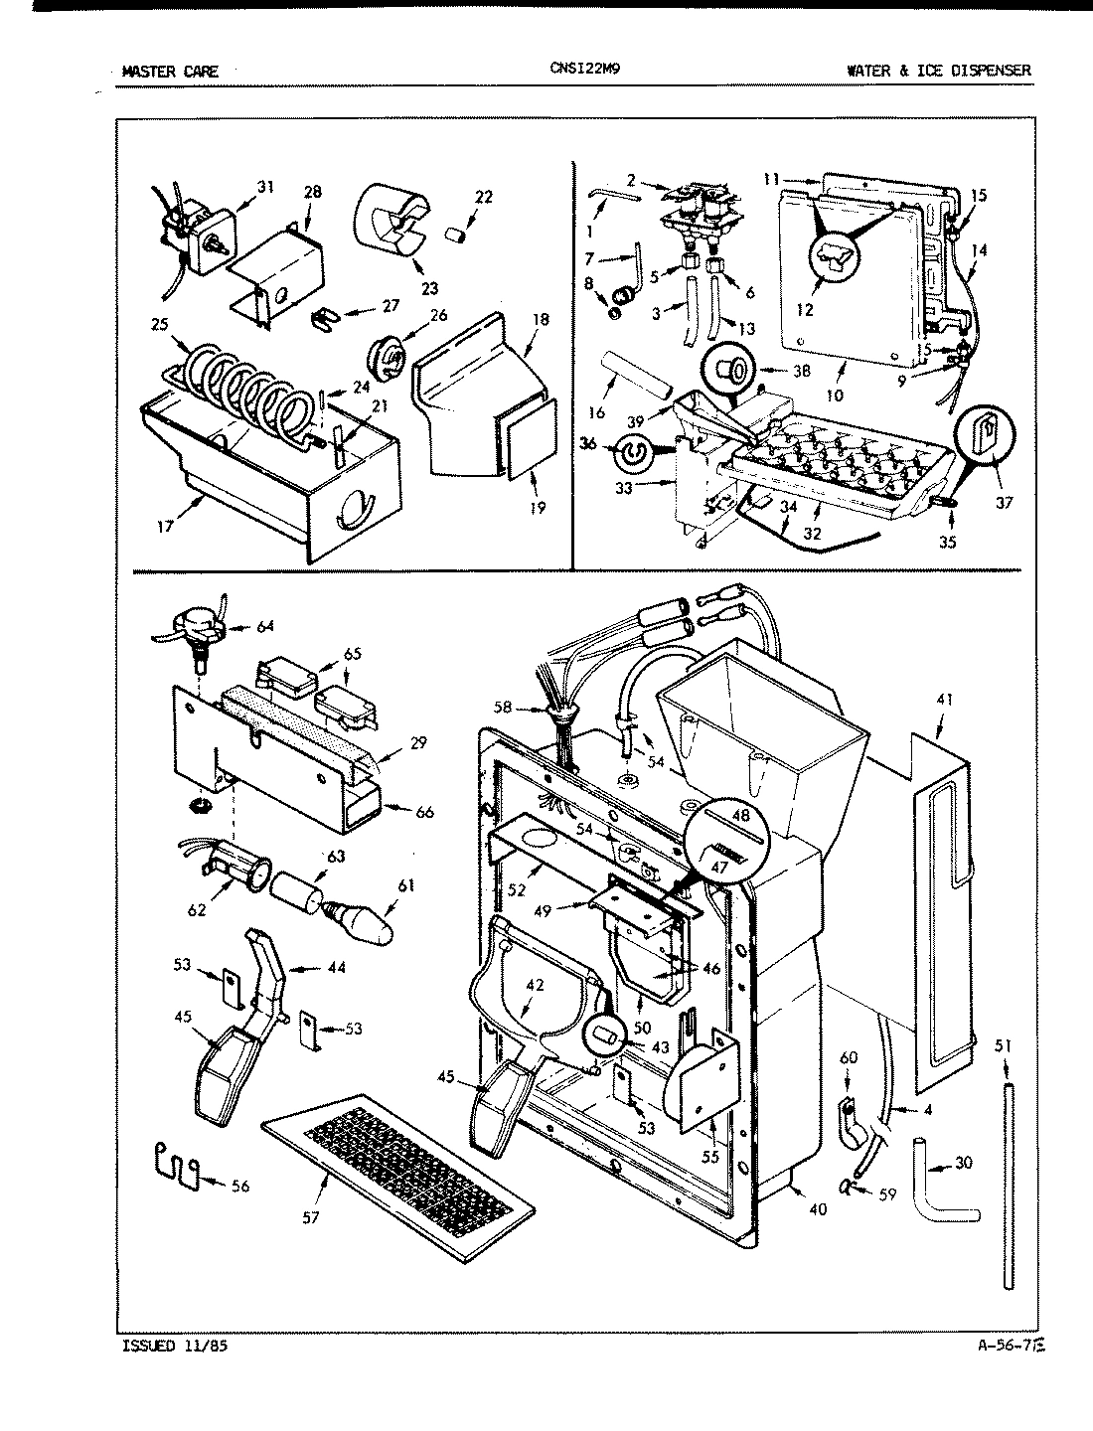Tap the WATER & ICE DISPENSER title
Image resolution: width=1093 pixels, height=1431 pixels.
[x=938, y=71]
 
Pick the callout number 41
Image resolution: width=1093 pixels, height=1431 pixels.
[x=944, y=700]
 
